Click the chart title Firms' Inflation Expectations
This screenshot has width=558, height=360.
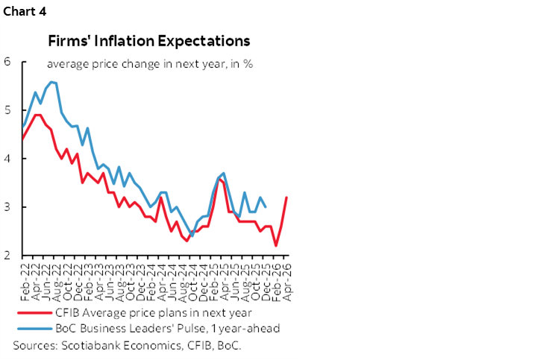tap(149, 40)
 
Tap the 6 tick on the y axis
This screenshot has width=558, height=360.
tap(7, 61)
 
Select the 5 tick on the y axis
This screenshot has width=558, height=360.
tap(7, 110)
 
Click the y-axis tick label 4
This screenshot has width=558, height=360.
tap(7, 158)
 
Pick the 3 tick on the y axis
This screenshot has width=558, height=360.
tap(7, 206)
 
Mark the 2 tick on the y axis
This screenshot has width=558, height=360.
tap(7, 256)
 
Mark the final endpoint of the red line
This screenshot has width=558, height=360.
tap(287, 198)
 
